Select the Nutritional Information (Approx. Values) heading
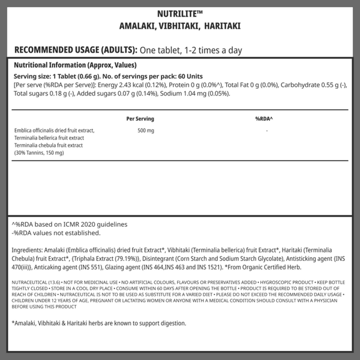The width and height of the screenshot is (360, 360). point(76,65)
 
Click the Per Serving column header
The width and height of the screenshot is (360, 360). point(140,119)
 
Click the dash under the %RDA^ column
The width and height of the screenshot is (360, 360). point(266,130)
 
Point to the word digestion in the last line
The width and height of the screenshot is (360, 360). point(170,323)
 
